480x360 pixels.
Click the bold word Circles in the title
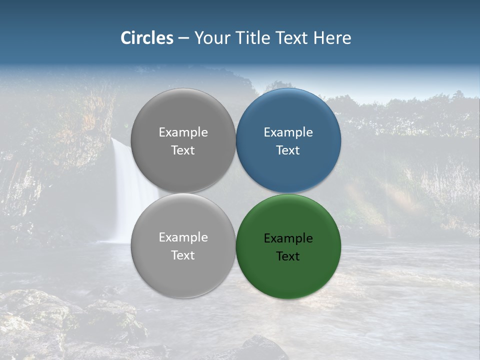[147, 38]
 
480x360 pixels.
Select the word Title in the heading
[254, 38]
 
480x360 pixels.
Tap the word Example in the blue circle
[288, 132]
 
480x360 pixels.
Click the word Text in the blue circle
[288, 150]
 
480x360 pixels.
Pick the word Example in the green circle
[288, 238]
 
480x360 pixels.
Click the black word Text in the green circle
[288, 256]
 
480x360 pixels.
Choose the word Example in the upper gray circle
[183, 132]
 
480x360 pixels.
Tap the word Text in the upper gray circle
[183, 150]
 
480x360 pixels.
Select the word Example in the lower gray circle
[183, 237]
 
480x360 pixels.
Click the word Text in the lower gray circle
[183, 255]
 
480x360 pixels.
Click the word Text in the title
[292, 38]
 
